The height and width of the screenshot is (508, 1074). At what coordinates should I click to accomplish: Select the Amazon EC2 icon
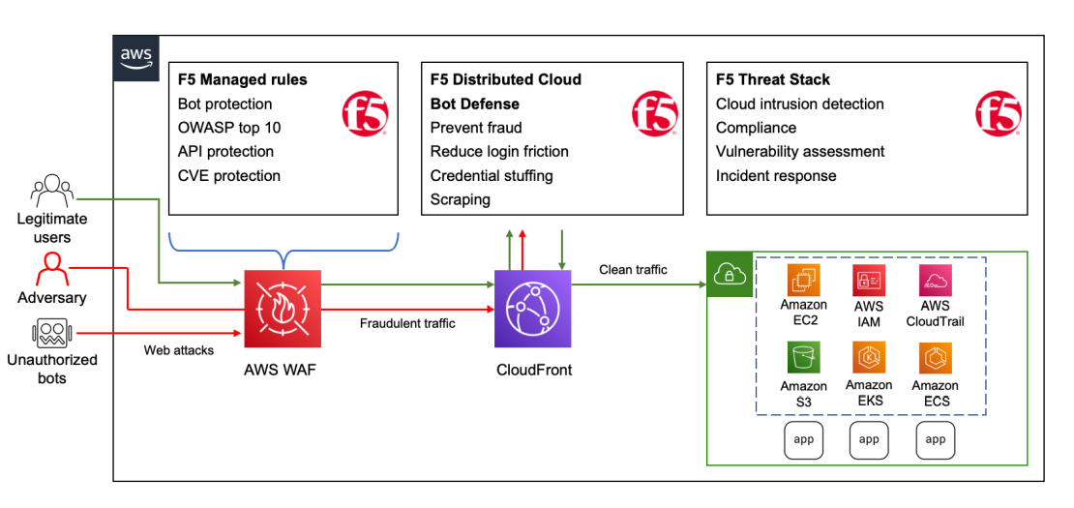click(804, 280)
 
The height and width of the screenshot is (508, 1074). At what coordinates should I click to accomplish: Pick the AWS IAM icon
click(869, 280)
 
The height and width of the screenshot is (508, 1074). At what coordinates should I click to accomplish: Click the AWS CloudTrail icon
click(936, 280)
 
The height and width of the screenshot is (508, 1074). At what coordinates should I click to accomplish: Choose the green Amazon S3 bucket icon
click(804, 357)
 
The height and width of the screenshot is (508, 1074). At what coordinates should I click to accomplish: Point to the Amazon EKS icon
click(869, 357)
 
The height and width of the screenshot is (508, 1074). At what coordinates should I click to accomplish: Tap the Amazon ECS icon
click(936, 357)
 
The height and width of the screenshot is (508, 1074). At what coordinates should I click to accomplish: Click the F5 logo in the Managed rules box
click(366, 113)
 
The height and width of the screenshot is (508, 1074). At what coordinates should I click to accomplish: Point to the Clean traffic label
click(633, 270)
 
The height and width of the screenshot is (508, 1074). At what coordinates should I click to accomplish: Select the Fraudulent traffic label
click(406, 324)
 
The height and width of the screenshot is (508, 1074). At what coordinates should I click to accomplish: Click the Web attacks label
click(179, 349)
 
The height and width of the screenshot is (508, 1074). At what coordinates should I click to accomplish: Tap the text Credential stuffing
click(492, 176)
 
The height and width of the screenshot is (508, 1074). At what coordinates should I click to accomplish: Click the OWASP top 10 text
click(229, 128)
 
